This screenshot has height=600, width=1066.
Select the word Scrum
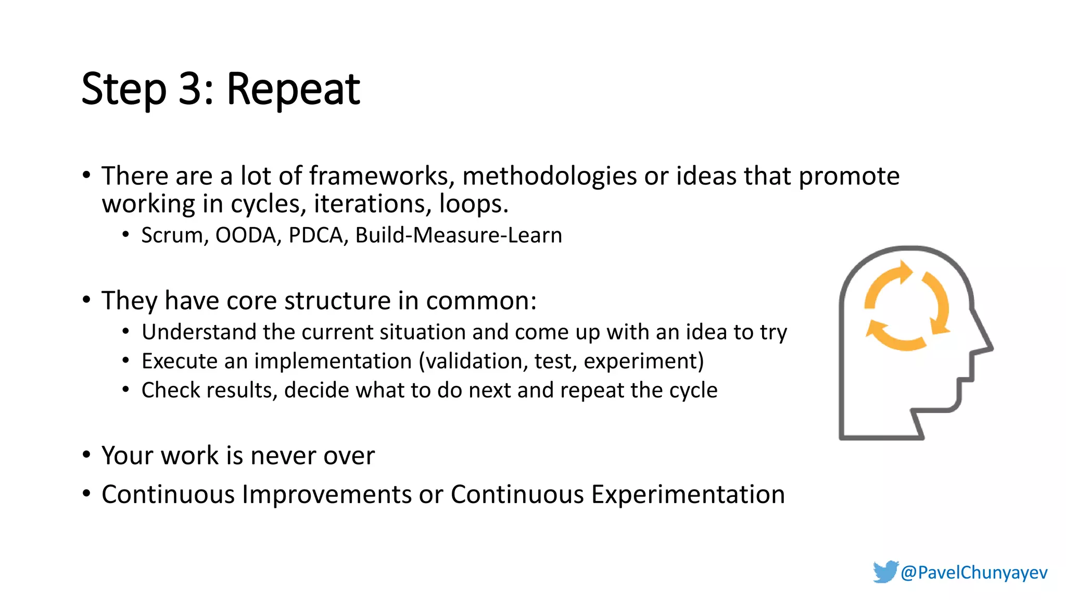click(172, 235)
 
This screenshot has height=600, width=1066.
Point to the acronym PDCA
click(315, 235)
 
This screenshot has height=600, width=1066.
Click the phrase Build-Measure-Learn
click(459, 235)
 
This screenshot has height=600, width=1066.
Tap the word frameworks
click(378, 176)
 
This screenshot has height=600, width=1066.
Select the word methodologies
click(549, 176)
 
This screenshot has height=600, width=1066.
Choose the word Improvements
click(327, 494)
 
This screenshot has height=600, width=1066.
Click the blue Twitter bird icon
click(885, 572)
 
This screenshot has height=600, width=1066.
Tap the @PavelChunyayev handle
click(974, 572)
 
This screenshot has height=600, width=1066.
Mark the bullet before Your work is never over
click(86, 455)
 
